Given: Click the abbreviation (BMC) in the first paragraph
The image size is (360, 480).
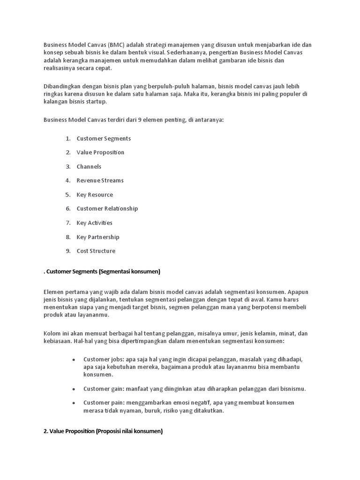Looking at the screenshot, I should [x=116, y=45].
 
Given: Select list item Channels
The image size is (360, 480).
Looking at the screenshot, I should [x=89, y=166].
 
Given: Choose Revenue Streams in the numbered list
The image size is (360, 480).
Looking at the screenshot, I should [x=100, y=180].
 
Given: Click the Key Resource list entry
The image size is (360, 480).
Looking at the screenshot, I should [x=95, y=195].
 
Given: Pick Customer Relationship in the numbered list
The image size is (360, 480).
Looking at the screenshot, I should [x=107, y=209].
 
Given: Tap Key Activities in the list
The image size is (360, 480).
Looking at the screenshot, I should [x=95, y=223].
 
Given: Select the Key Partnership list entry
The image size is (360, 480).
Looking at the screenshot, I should [x=98, y=237].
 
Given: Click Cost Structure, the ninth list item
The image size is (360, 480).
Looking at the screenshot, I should [x=96, y=251].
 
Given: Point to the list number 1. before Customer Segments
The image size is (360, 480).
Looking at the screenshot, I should [x=68, y=138].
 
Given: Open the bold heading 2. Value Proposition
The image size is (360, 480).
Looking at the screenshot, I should [x=103, y=432].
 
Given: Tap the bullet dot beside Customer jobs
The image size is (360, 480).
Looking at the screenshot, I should [x=74, y=360].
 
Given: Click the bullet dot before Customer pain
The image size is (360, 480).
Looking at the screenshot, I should [x=74, y=403].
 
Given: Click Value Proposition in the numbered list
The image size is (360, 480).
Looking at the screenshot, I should [x=101, y=152].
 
